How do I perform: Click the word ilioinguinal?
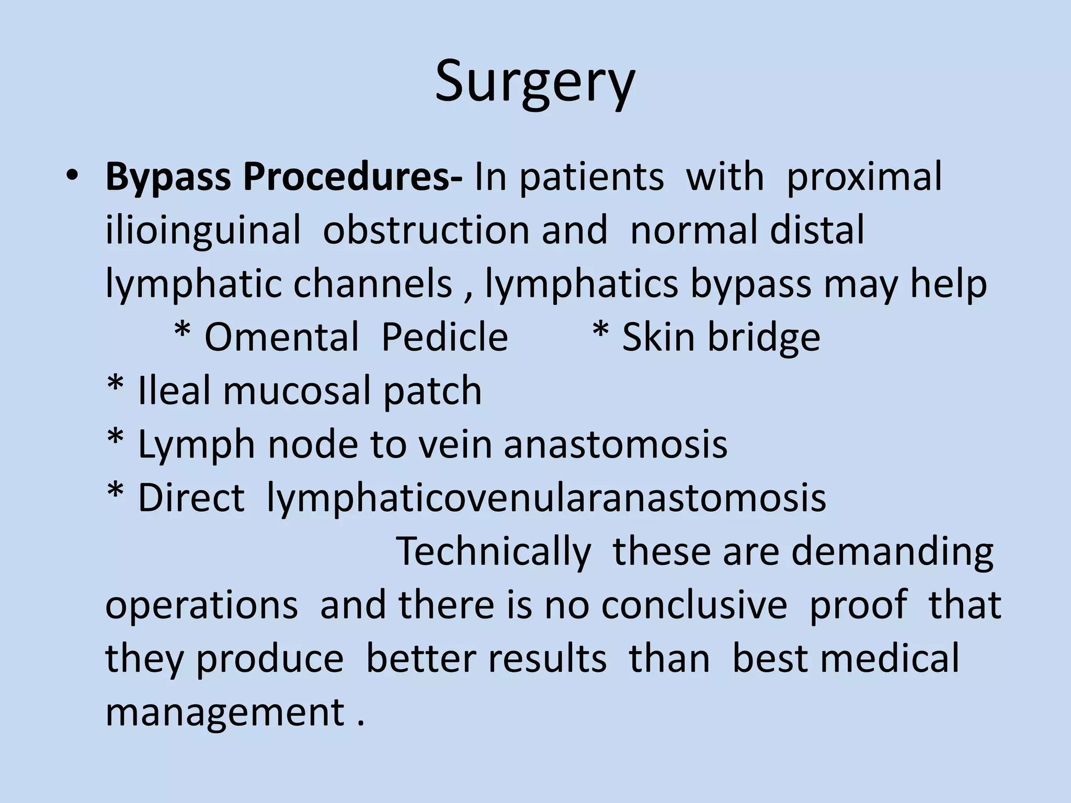tap(203, 231)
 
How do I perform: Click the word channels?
tap(372, 284)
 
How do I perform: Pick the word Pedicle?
tap(445, 337)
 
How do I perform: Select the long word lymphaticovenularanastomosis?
tap(546, 498)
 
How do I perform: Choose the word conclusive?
tap(694, 605)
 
